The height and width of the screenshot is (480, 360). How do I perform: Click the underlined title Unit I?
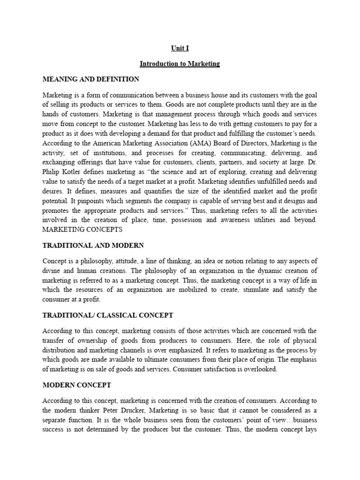coord(180,48)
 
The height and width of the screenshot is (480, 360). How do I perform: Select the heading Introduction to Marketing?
coord(180,63)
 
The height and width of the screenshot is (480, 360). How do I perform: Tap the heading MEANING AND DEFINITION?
coord(91,79)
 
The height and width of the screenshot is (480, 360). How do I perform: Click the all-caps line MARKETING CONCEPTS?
coord(82,230)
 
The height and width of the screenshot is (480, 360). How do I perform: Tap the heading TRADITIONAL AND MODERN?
coord(93,245)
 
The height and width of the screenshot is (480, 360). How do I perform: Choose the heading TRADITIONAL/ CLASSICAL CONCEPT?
coord(108,316)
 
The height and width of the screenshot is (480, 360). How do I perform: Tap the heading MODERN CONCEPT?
coord(77,385)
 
